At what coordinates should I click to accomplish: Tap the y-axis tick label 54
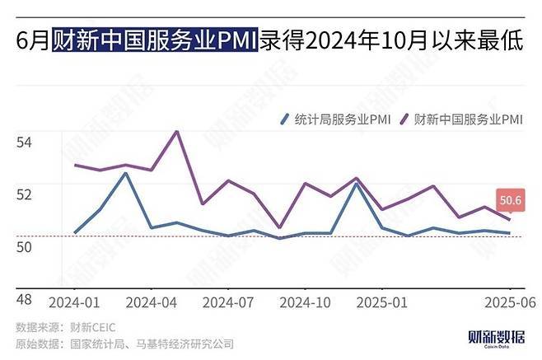coord(24,143)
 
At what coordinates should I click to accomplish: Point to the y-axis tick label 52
coord(24,194)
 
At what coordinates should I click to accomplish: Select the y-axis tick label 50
coord(24,246)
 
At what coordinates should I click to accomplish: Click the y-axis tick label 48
coord(24,299)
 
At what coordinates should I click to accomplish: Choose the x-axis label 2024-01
coord(75,302)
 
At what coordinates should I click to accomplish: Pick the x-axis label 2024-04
coord(152,302)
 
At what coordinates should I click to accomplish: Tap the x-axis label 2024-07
coord(228,302)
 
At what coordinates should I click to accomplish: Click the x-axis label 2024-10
coord(305,302)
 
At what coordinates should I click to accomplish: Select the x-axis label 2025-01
coord(381,302)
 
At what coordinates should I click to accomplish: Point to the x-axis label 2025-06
coord(509,302)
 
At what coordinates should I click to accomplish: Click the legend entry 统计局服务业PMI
coord(334,119)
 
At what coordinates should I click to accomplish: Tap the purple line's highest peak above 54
coord(176,131)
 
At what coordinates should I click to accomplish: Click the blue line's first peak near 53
coord(125,173)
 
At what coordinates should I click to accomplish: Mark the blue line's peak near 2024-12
coord(356,184)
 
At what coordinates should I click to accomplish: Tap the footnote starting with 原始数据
coord(124,344)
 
